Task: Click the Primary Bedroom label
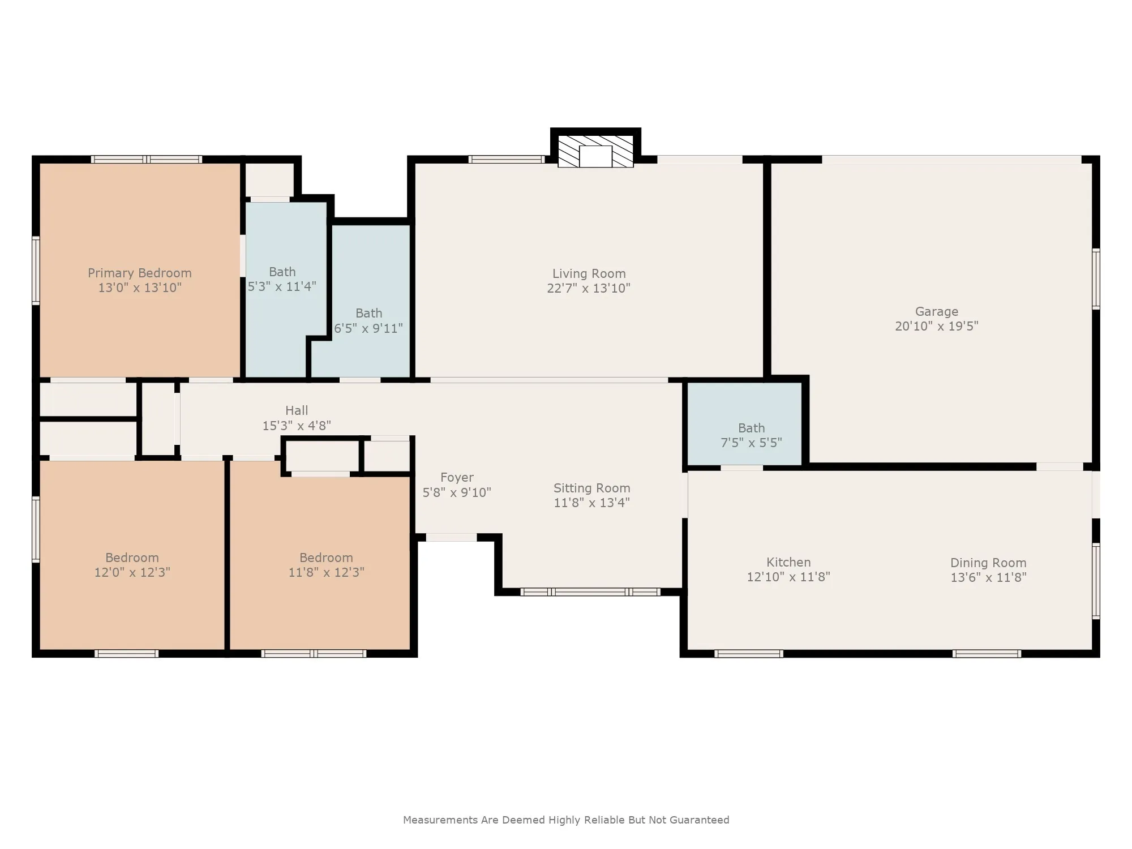[x=140, y=273]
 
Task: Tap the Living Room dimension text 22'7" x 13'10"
[x=589, y=288]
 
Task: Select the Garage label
[x=937, y=311]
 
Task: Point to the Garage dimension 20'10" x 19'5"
[x=937, y=326]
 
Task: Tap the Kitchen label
[x=788, y=562]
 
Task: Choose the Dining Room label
[x=988, y=563]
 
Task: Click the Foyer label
[x=457, y=478]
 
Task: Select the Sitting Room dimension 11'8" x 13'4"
[x=591, y=503]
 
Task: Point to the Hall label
[x=297, y=410]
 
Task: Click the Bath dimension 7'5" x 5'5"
[x=751, y=443]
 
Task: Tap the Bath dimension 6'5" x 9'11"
[x=368, y=328]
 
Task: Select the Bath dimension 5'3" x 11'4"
[x=282, y=286]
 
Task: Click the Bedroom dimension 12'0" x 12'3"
[x=132, y=572]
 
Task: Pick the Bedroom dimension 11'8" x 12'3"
[x=326, y=572]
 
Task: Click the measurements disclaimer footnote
[x=566, y=820]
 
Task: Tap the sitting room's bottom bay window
[x=590, y=592]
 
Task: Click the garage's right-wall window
[x=1096, y=278]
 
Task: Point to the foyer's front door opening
[x=451, y=537]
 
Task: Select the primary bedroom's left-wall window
[x=36, y=271]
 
